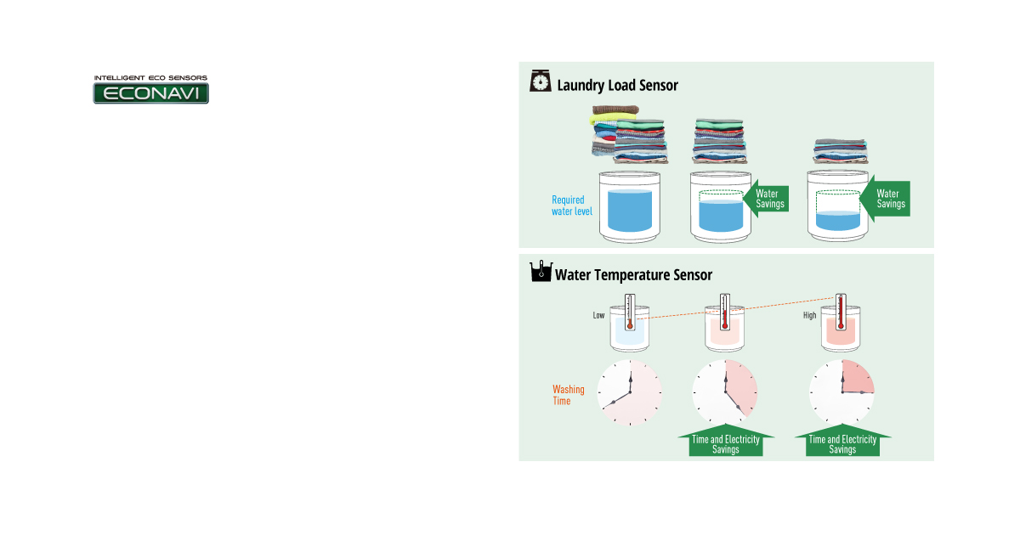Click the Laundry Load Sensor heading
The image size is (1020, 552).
[617, 85]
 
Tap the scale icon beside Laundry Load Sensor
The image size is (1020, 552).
[540, 82]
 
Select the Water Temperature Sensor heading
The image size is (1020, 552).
[633, 274]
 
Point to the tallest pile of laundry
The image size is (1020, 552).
[629, 135]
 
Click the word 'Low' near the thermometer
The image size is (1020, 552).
[598, 316]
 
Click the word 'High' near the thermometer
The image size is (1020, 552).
[809, 316]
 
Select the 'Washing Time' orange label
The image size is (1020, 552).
[568, 395]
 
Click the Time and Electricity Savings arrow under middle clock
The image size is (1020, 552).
[726, 442]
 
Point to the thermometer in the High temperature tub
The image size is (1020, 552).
[840, 312]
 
